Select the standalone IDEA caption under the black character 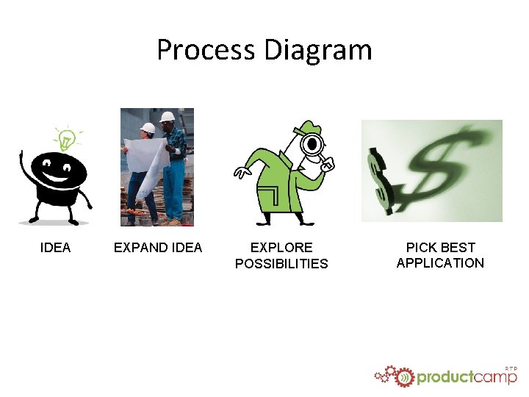pos(55,248)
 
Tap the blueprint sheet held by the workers pos(147,165)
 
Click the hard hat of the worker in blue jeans pos(168,117)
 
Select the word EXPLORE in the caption pos(281,248)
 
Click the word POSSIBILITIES pos(281,263)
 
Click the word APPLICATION pos(440,263)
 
